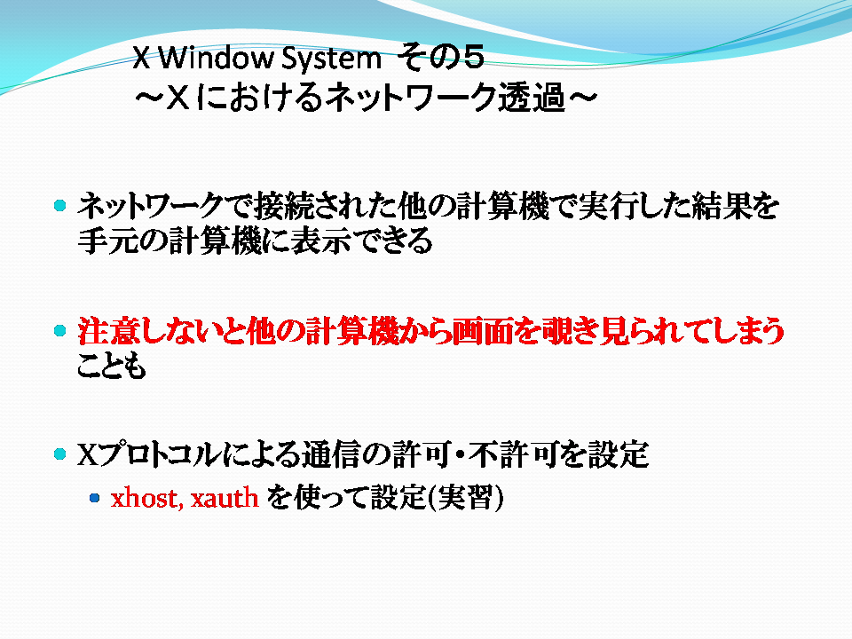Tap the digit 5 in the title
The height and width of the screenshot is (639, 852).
point(471,57)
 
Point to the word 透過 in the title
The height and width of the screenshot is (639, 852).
point(532,98)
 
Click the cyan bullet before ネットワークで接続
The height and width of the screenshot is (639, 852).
point(60,205)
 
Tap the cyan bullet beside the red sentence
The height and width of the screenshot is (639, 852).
point(60,330)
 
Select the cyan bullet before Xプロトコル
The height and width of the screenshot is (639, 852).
point(60,454)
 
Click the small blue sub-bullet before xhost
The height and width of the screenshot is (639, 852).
point(95,498)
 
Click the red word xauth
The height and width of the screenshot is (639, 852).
point(225,498)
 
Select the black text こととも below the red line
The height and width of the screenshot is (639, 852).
point(112,366)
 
